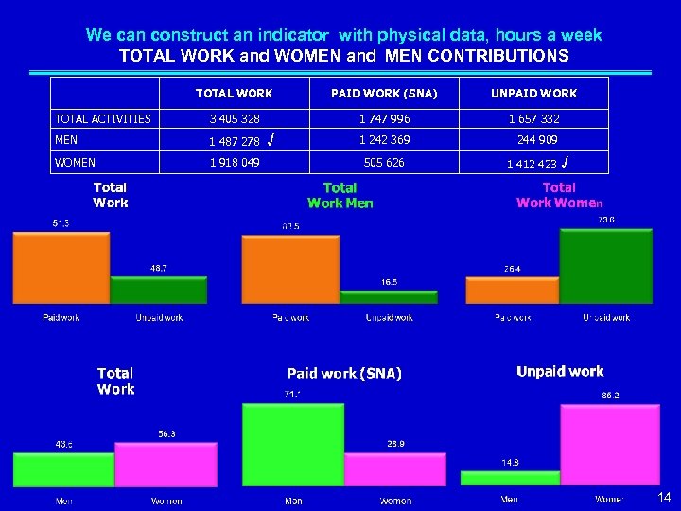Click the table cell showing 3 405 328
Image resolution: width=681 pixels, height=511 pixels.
coord(234,119)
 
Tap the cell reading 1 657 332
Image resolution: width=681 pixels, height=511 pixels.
coord(533,119)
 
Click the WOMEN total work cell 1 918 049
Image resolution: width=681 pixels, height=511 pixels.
coord(234,162)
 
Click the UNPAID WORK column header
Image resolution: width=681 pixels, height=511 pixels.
coord(533,94)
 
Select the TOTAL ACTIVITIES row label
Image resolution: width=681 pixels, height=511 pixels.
coord(103,119)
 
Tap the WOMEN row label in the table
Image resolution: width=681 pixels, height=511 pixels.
coord(76,162)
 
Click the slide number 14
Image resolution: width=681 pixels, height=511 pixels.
coord(664,496)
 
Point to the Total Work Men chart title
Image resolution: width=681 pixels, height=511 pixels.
coord(340,196)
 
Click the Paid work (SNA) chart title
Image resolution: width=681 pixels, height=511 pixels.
coord(344,374)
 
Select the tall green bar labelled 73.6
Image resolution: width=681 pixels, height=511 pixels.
coord(606,265)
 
